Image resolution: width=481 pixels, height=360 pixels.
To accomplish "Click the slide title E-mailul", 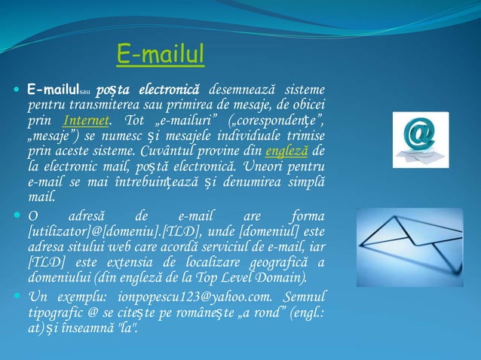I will (161, 54).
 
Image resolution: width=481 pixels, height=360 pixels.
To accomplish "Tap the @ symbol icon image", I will (420, 139).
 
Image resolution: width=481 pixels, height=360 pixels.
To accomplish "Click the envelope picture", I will (420, 236).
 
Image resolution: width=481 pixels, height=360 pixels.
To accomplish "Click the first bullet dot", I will (17, 92).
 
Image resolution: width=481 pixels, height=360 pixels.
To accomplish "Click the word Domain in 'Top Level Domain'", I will (280, 276).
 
